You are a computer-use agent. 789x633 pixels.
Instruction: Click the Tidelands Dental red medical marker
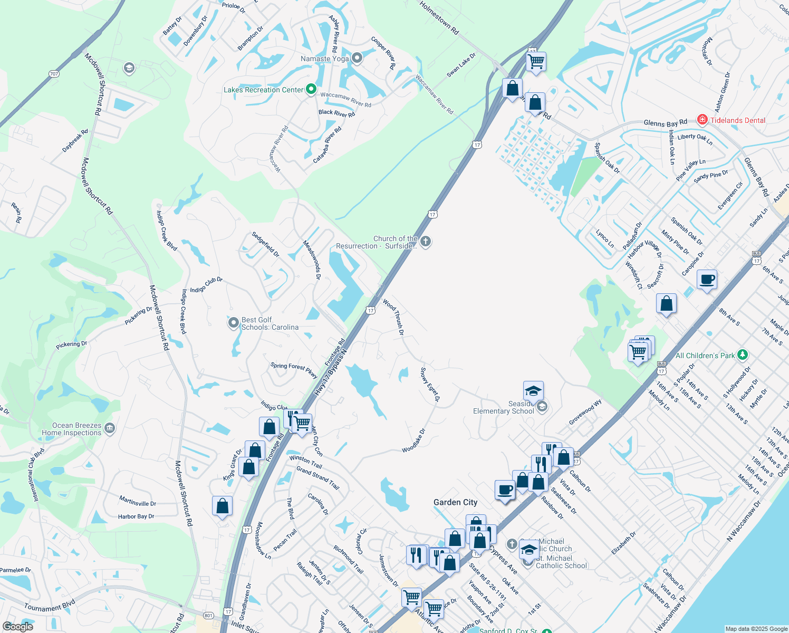pos(702,120)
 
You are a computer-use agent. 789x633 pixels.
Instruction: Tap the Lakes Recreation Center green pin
pos(311,90)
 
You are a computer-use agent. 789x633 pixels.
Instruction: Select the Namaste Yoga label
pos(324,59)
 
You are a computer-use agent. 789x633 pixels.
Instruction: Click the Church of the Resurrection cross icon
pos(426,242)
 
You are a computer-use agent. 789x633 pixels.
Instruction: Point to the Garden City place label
pos(455,503)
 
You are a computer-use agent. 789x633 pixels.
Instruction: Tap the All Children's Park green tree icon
pos(743,355)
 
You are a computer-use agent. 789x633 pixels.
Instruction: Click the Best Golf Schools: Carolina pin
pos(233,323)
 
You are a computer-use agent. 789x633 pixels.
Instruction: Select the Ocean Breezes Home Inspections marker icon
pos(110,428)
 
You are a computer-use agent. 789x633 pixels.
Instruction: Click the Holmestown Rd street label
pos(439,18)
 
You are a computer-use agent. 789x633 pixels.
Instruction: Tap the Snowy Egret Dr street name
pos(430,383)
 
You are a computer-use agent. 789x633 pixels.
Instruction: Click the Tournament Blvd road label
pos(50,605)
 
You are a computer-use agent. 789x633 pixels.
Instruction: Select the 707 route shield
pos(54,74)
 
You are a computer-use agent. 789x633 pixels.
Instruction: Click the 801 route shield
pos(208,616)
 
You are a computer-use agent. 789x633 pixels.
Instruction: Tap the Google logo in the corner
pos(18,627)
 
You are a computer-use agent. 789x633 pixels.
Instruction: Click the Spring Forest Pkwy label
pos(294,370)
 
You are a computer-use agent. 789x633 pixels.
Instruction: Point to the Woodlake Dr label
pos(413,441)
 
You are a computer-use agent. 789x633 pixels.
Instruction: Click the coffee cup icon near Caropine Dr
pos(707,280)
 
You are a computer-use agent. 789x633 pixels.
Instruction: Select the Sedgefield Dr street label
pos(265,244)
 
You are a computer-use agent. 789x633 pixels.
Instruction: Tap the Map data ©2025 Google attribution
pos(756,629)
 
